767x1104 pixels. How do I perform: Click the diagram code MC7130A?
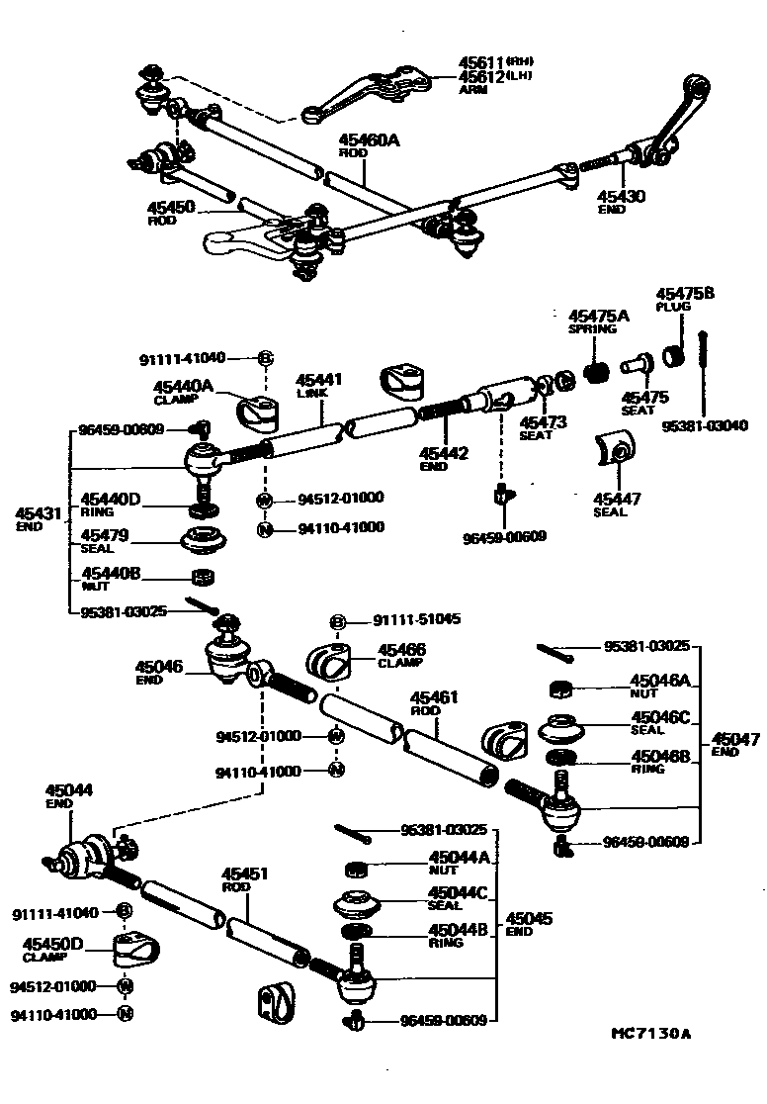(x=649, y=1035)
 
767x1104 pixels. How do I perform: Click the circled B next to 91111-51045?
(x=337, y=621)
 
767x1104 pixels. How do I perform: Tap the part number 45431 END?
(x=39, y=518)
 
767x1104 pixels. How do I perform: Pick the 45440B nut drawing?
(x=204, y=577)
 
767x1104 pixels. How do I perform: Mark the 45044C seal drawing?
(x=358, y=905)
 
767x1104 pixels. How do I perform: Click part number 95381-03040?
(x=706, y=426)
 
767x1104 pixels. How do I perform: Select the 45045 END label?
(x=530, y=923)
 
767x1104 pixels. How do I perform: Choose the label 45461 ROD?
(x=434, y=703)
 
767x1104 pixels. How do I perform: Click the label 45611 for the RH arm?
(x=480, y=62)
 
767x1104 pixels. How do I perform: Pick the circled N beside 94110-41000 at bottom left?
(x=125, y=1014)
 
